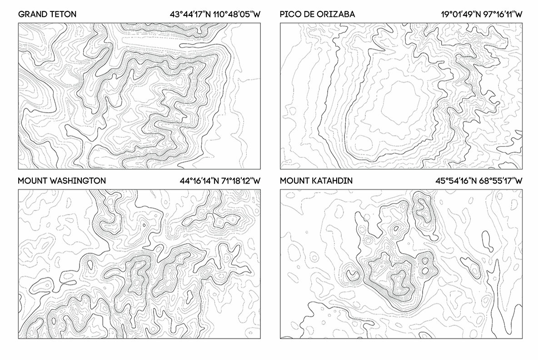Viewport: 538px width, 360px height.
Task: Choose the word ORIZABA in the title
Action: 336,15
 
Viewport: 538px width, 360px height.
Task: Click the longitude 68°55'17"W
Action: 502,181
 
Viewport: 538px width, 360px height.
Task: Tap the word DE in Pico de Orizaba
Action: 309,15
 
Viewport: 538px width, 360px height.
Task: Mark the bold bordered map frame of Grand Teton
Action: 139,23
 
